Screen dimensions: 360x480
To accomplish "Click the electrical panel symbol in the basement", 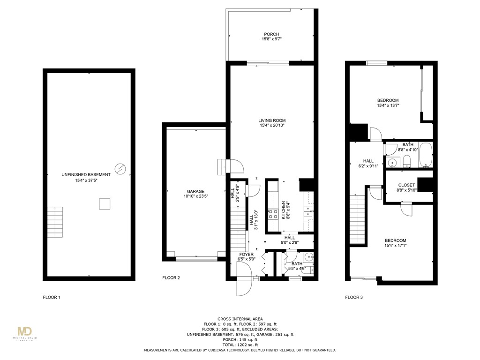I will point(120,168).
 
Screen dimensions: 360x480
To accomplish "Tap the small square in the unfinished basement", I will point(105,204).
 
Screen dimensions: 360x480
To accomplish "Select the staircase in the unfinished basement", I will point(55,222).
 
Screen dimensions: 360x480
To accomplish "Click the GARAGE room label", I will point(195,191).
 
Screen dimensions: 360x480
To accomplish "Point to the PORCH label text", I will point(271,34).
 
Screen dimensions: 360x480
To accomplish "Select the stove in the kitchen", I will point(273,214).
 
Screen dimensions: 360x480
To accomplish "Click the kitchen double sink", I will point(308,212).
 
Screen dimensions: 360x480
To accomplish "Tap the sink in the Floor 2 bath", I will point(308,257).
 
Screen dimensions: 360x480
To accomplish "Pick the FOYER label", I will point(247,255).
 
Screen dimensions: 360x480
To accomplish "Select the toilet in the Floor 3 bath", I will point(407,162).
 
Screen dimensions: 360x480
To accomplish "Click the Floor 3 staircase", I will point(357,220).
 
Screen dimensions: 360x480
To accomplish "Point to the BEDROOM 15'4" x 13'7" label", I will point(388,100).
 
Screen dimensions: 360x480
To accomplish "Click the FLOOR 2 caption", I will point(171,278).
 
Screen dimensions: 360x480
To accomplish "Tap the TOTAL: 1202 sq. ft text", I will point(240,345).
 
